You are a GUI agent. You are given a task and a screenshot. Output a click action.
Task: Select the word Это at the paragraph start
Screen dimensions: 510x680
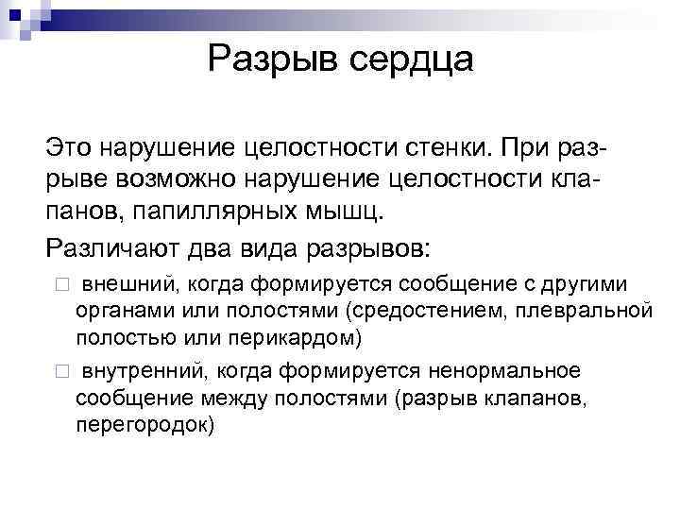point(72,148)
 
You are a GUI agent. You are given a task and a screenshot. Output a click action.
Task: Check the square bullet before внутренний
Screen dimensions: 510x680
point(61,371)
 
